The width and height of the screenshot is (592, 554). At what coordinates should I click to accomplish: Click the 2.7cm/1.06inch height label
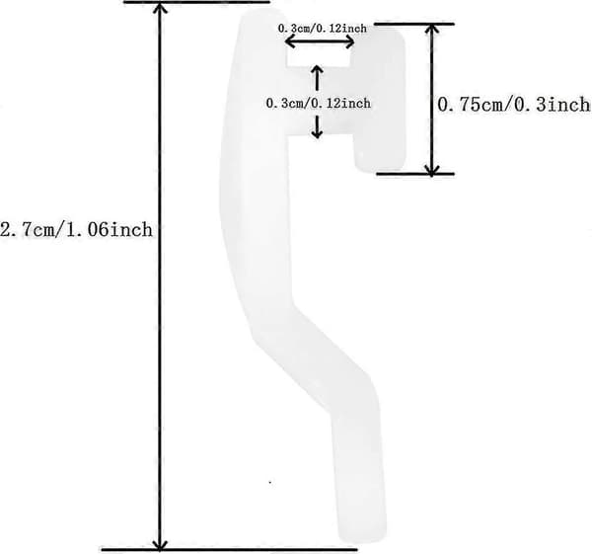click(x=77, y=230)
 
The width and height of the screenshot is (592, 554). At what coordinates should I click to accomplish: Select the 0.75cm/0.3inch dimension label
click(x=514, y=105)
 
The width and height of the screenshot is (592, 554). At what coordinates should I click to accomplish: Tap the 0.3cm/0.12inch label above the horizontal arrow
click(x=322, y=29)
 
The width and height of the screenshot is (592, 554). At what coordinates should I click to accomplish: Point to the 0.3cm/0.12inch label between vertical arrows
click(x=319, y=103)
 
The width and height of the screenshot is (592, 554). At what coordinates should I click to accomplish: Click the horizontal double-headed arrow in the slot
click(x=320, y=41)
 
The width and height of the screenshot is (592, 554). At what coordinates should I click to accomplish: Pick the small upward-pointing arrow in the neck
click(x=317, y=78)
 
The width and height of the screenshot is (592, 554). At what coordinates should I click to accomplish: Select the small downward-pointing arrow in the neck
click(x=317, y=126)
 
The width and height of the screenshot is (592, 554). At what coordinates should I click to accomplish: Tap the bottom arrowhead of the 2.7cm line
click(x=160, y=543)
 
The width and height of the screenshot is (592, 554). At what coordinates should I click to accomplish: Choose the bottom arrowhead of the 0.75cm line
click(x=431, y=169)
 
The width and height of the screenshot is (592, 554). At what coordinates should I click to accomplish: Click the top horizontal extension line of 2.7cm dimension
click(x=196, y=2)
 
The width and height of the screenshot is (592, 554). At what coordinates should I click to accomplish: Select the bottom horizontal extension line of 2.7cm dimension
click(x=229, y=550)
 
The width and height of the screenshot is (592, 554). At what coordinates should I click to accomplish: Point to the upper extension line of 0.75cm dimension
click(x=413, y=24)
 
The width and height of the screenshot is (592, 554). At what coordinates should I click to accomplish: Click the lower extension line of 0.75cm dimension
click(x=415, y=174)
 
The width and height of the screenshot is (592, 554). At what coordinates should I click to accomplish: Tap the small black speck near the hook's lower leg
click(x=270, y=482)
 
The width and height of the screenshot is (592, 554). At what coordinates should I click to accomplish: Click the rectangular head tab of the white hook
click(x=379, y=99)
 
